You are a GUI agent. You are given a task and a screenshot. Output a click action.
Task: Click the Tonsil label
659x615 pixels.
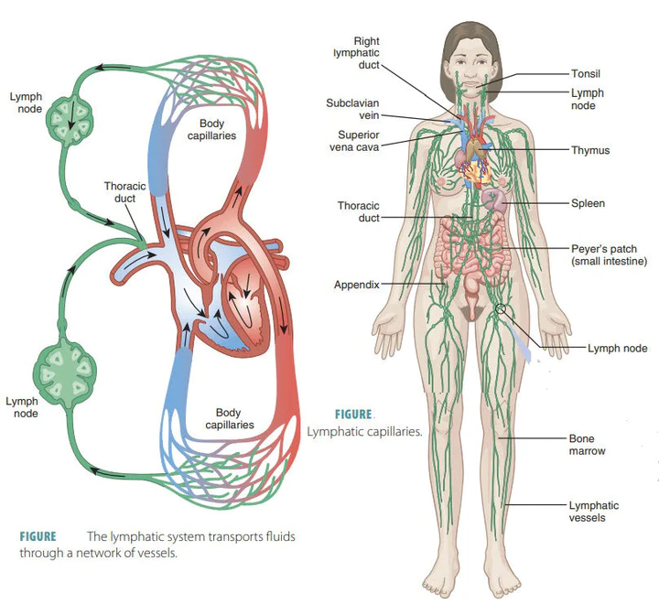[x=586, y=73]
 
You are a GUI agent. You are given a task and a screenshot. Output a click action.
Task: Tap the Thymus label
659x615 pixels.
[x=590, y=150]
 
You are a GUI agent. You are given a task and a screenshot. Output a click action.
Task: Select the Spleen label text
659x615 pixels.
[x=588, y=203]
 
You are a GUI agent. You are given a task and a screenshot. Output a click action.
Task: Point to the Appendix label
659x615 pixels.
[x=356, y=285]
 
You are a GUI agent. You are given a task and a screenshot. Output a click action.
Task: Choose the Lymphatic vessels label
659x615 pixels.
[x=594, y=512]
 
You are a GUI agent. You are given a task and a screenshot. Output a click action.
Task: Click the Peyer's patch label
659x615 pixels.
[x=609, y=254]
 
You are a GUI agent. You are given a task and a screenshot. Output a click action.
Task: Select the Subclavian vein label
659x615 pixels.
[x=352, y=110]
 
